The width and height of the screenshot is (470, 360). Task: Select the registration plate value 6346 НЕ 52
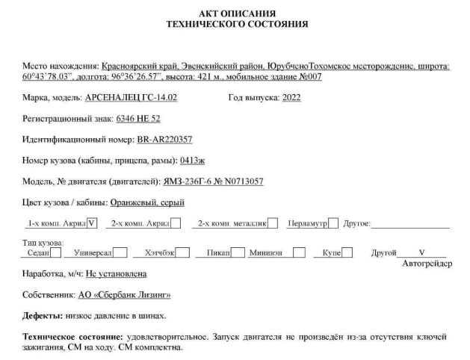[138, 118]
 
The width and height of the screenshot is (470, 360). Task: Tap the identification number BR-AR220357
[164, 139]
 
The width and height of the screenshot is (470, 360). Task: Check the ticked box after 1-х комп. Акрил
[92, 222]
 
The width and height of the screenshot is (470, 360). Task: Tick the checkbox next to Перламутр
[333, 222]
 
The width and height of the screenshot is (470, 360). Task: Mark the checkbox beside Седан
[57, 252]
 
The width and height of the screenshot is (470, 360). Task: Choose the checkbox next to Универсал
[119, 252]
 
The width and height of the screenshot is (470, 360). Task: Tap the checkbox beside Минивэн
[299, 252]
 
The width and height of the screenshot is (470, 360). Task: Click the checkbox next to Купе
[347, 252]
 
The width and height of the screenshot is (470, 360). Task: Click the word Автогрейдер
[427, 263]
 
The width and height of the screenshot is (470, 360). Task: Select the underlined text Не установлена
[121, 274]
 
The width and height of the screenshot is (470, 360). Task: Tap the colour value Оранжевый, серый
[147, 202]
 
